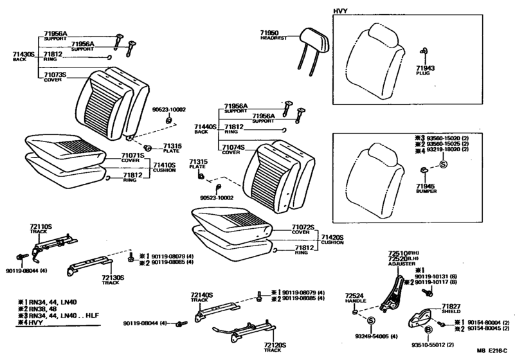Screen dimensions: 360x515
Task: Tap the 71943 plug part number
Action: tap(426, 67)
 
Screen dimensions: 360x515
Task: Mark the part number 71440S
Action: tap(206, 128)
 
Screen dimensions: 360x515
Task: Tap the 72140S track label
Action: tap(201, 295)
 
